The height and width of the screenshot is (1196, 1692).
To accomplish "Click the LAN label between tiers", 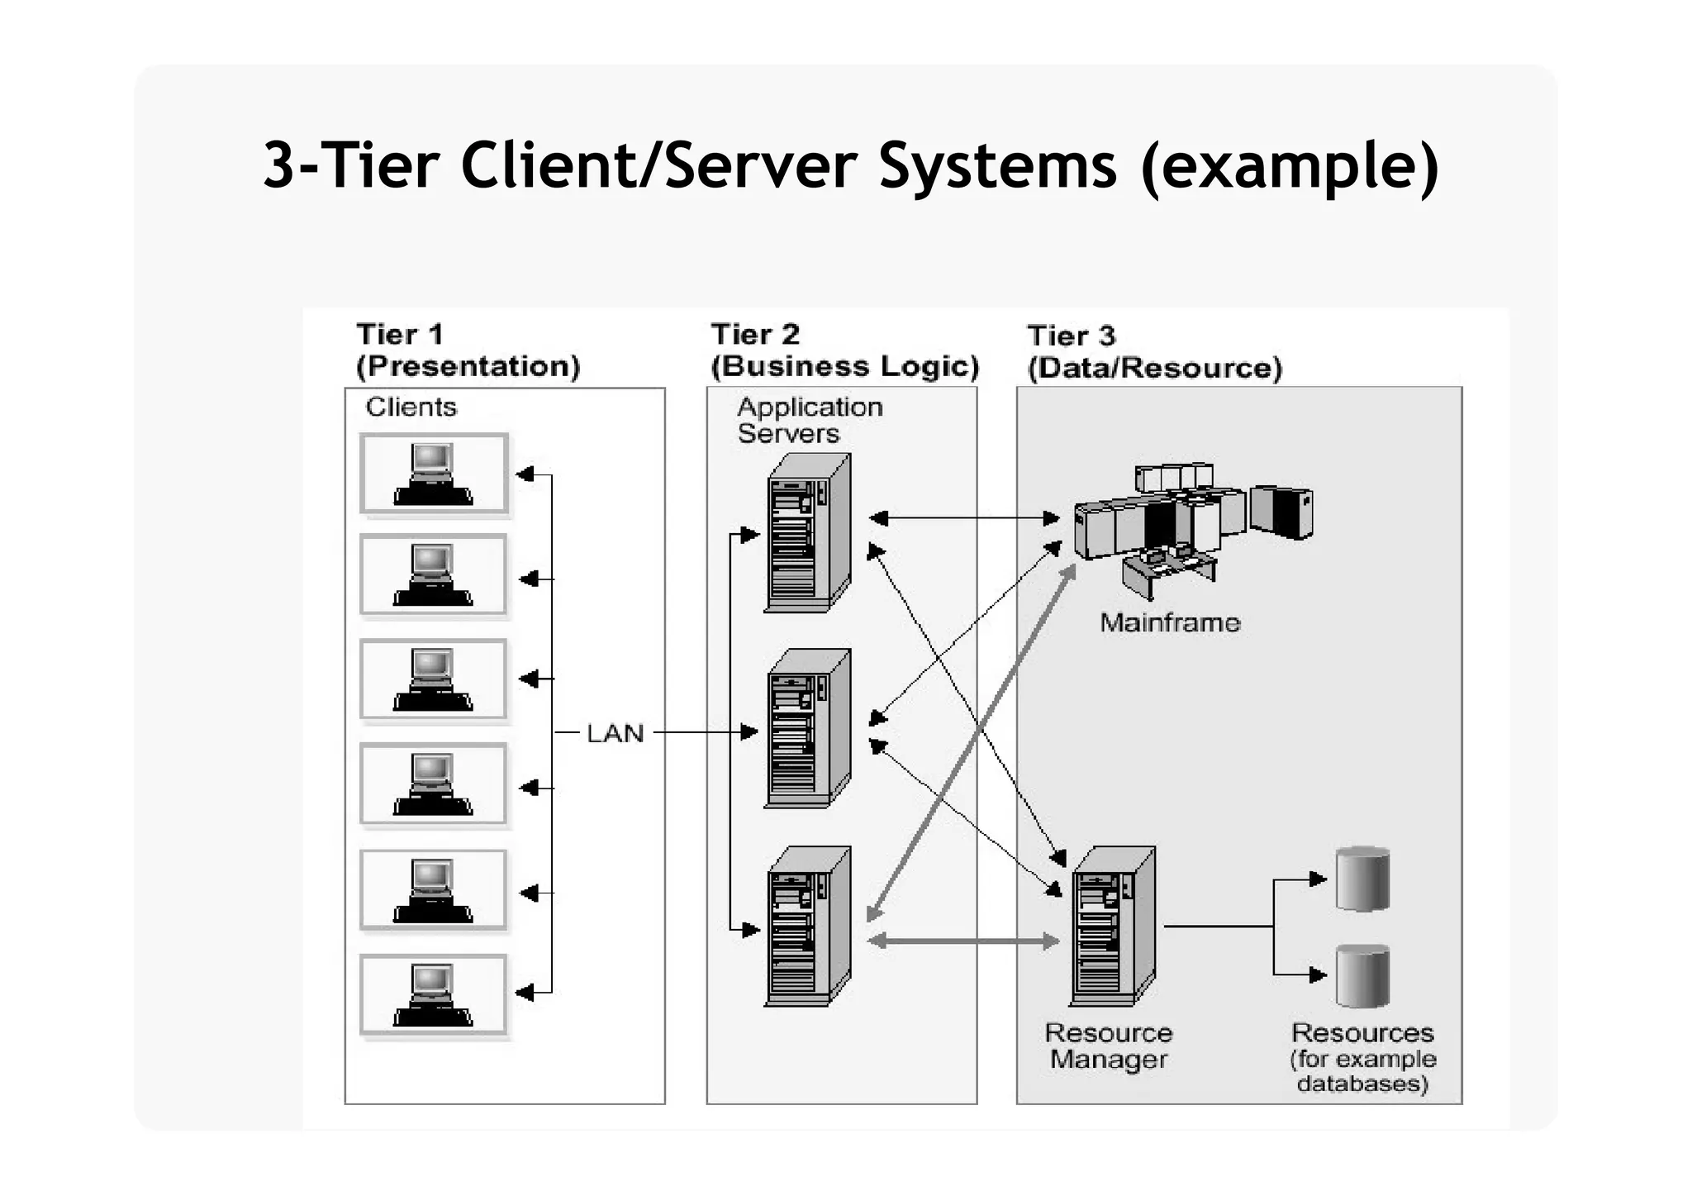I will pos(615,733).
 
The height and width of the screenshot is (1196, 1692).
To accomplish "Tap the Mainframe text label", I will pos(1170,622).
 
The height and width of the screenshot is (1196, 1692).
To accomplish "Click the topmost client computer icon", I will pos(434,474).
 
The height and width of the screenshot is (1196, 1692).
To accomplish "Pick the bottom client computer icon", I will pos(434,994).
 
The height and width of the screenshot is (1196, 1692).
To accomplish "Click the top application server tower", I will pos(807,534).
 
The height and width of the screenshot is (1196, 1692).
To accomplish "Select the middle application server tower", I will pos(807,729).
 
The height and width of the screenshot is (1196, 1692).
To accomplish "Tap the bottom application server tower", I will pos(807,927).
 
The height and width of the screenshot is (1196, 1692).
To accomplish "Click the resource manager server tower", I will pos(1112,927).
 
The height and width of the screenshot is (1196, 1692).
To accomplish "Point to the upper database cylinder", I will pos(1362,879).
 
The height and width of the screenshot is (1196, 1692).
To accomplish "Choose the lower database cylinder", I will pos(1362,976).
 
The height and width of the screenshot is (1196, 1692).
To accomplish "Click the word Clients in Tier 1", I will pos(411,407).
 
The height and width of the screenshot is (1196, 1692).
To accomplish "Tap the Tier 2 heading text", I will pos(755,335).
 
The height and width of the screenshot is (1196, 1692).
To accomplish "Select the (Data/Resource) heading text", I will pos(1154,368).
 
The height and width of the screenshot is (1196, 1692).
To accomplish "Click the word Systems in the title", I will pos(997,165).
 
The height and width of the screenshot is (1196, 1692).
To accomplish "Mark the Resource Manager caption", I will pos(1109,1046).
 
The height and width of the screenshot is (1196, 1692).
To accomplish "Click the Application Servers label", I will pos(809,420).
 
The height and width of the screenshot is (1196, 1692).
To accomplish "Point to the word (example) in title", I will pos(1289,165).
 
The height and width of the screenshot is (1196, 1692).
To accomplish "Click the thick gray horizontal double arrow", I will pos(963,941).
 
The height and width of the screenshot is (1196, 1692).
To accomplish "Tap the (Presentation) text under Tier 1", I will pos(468,366).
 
